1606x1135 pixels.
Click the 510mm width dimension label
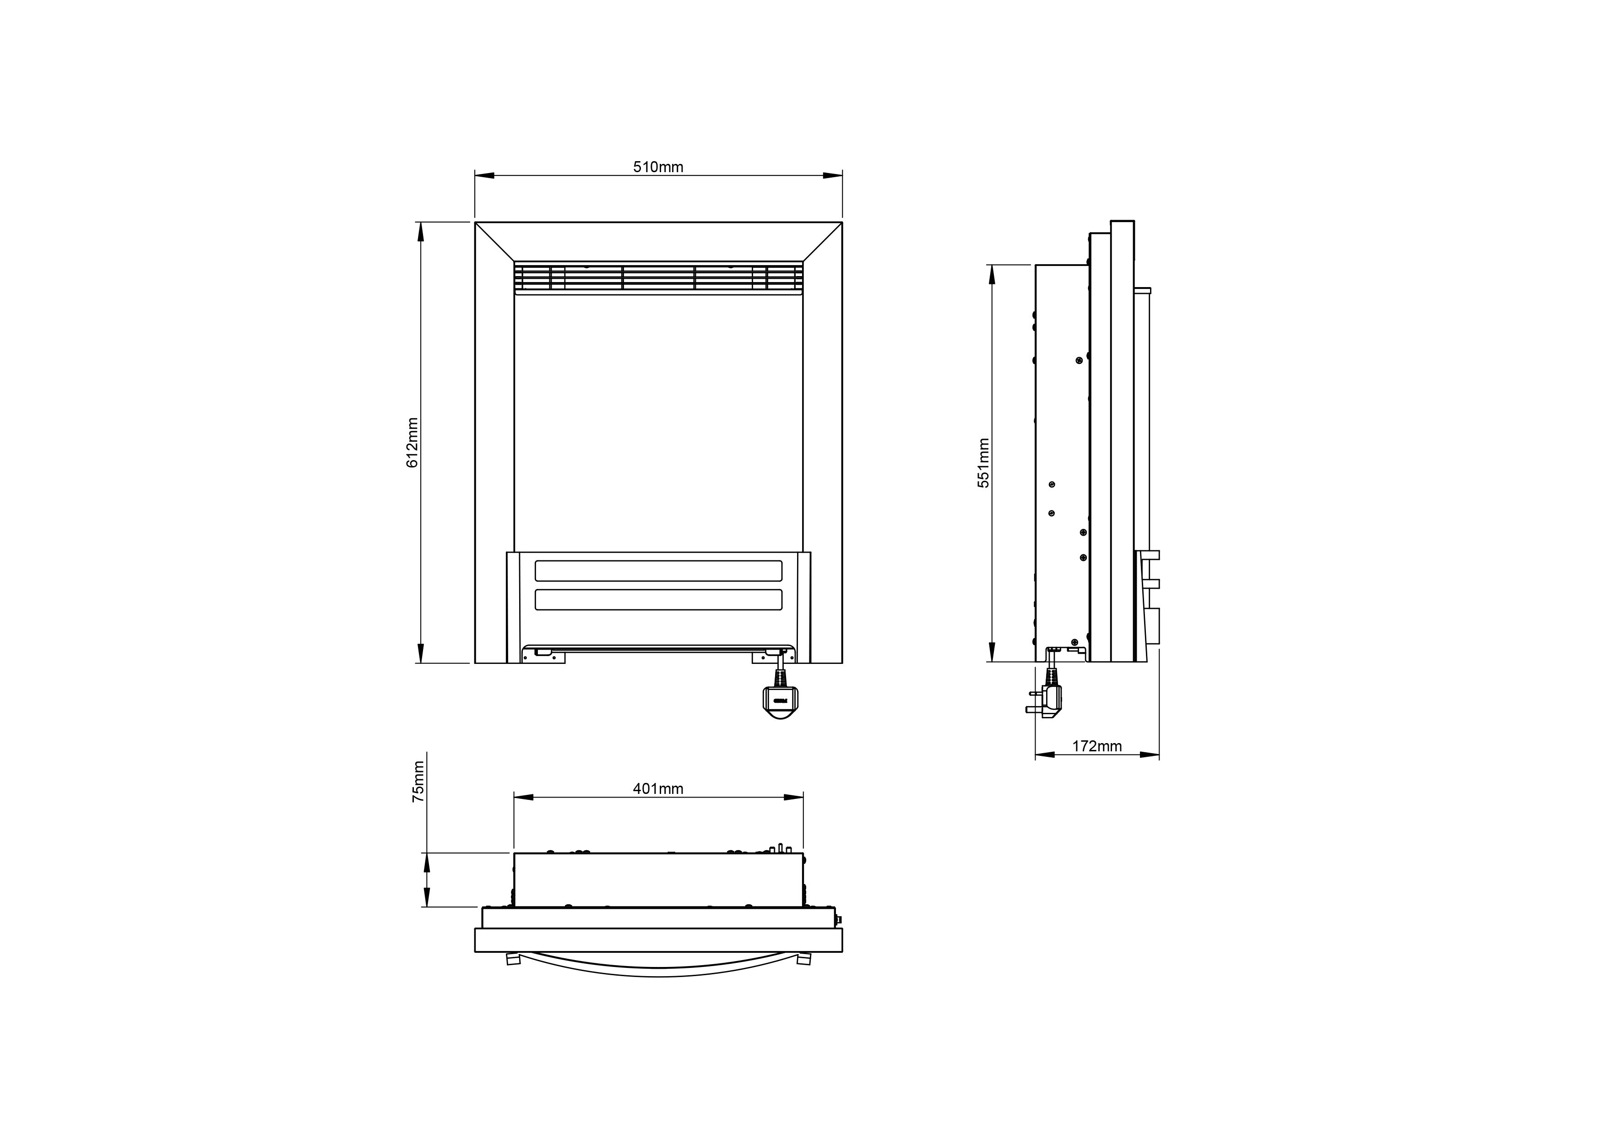[658, 167]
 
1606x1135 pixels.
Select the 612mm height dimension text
[412, 443]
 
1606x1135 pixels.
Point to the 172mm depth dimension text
[1097, 746]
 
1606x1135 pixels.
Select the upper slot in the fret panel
[658, 570]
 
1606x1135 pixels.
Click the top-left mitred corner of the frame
[494, 242]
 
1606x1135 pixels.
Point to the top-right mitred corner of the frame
[823, 242]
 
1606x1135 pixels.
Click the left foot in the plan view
[513, 960]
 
